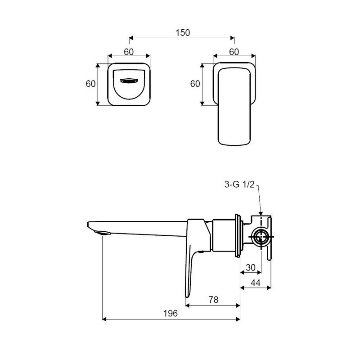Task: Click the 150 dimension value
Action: (183, 32)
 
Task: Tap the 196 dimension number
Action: (171, 313)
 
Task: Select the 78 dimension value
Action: (213, 300)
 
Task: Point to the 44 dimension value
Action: (255, 283)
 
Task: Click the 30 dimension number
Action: (251, 267)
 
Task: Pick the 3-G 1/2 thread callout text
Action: (239, 184)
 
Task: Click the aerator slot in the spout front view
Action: (129, 81)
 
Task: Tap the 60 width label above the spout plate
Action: (129, 52)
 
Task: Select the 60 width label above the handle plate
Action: (234, 52)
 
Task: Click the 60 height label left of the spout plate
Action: (90, 84)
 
